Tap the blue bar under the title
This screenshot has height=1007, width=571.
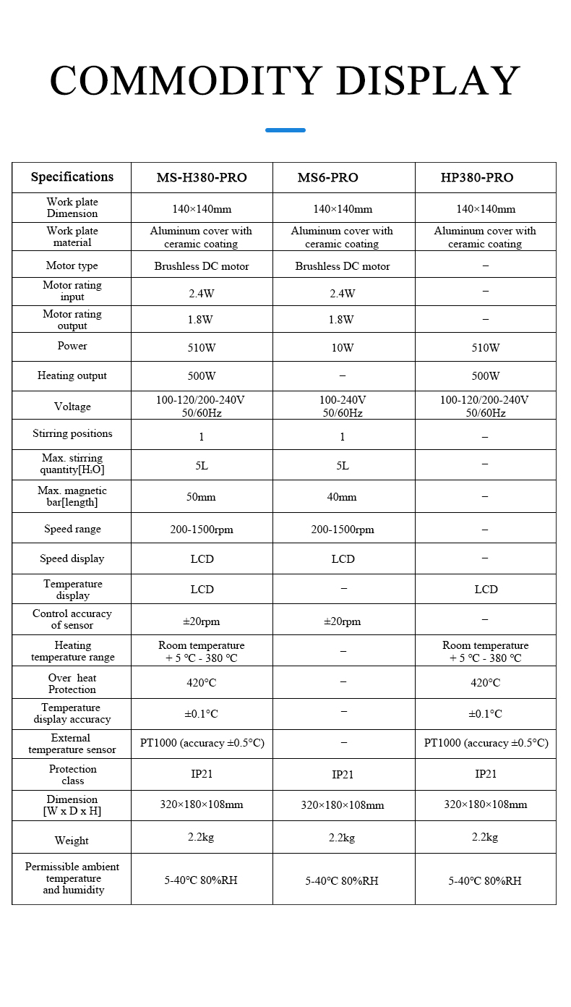click(285, 130)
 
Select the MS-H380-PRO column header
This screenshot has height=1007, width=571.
click(202, 178)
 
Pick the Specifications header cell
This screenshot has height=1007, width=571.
click(72, 177)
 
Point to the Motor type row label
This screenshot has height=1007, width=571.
click(72, 265)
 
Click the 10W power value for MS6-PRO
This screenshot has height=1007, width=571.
click(343, 348)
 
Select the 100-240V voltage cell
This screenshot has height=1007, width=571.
click(343, 407)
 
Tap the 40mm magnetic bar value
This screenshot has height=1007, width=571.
click(343, 497)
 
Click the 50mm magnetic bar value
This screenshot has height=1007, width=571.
click(202, 497)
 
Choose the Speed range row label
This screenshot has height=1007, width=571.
click(72, 529)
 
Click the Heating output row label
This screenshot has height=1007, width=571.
click(72, 375)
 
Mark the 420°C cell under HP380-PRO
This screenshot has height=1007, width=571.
click(486, 683)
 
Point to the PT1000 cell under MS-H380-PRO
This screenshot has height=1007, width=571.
click(202, 743)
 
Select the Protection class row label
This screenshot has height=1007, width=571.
click(72, 775)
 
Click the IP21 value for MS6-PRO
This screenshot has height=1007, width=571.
click(343, 775)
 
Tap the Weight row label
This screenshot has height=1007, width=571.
click(72, 841)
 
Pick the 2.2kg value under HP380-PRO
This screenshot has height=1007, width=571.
click(485, 838)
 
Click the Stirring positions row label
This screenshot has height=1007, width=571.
click(72, 434)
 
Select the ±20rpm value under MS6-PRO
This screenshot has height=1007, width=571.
click(343, 621)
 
